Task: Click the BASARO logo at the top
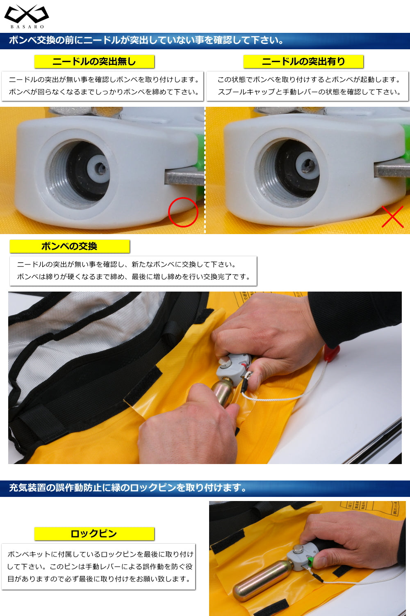pyautogui.click(x=27, y=16)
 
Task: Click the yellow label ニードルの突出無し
pyautogui.click(x=94, y=62)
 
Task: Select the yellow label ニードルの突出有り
pyautogui.click(x=303, y=62)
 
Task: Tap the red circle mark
pyautogui.click(x=183, y=212)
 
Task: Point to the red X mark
pyautogui.click(x=392, y=216)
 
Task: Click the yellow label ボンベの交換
pyautogui.click(x=69, y=246)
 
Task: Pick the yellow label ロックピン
pyautogui.click(x=94, y=534)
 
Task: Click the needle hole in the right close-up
pyautogui.click(x=308, y=165)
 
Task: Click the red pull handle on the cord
pyautogui.click(x=332, y=352)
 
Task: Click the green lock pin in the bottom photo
pyautogui.click(x=310, y=561)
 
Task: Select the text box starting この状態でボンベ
pyautogui.click(x=307, y=86)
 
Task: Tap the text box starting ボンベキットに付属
pyautogui.click(x=98, y=567)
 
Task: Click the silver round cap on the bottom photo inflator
pyautogui.click(x=298, y=549)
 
